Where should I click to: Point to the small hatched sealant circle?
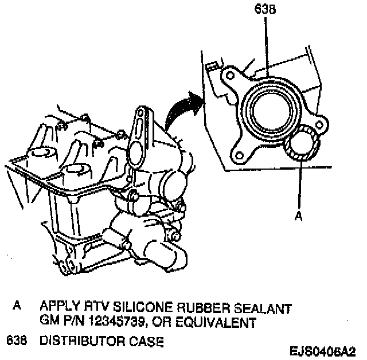(x=300, y=145)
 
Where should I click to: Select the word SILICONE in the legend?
(x=131, y=308)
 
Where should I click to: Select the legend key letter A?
(x=18, y=308)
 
